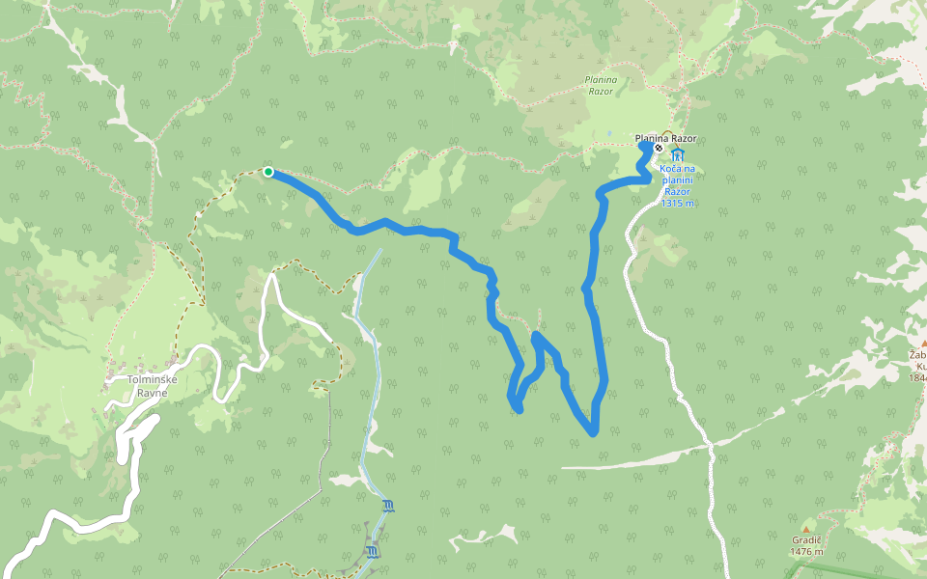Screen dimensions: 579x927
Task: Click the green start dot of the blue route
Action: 268,172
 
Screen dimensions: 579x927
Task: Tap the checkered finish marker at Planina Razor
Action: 658,149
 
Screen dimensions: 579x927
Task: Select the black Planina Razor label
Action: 665,139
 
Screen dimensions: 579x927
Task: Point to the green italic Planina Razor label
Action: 600,85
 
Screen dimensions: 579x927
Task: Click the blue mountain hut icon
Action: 677,154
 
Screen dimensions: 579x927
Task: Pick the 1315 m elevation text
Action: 678,203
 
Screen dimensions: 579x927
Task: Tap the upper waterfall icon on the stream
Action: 388,506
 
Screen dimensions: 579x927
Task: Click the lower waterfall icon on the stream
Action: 372,551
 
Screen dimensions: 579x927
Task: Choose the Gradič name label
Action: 806,541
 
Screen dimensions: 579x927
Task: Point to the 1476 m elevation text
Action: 806,552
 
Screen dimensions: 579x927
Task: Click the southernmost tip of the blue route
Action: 593,433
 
